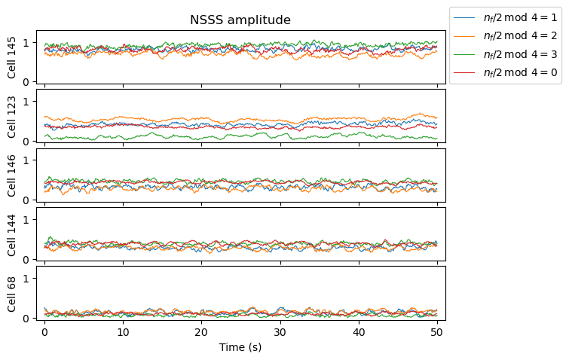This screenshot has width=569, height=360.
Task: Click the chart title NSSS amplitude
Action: point(240,20)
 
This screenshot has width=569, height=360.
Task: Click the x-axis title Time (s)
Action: point(240,347)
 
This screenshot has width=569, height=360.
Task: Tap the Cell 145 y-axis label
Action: point(11,57)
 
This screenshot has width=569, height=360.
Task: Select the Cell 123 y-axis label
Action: point(11,116)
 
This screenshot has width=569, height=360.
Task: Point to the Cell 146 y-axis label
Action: point(11,175)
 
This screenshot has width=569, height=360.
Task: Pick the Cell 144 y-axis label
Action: point(11,233)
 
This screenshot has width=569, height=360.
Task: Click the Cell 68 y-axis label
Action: point(11,293)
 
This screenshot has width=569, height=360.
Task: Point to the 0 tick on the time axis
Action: point(45,332)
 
